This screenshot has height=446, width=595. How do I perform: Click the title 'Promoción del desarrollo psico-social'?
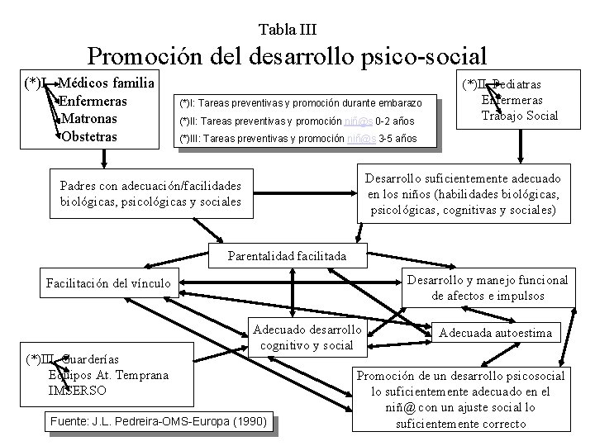(x=287, y=56)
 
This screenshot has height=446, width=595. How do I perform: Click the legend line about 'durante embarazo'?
(x=301, y=103)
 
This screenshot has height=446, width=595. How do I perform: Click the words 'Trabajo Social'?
(x=521, y=115)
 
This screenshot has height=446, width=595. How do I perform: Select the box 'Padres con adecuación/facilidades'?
(x=150, y=193)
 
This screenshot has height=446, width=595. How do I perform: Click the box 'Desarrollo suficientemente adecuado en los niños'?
(x=464, y=194)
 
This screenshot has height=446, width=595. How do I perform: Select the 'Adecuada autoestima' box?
(x=498, y=334)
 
